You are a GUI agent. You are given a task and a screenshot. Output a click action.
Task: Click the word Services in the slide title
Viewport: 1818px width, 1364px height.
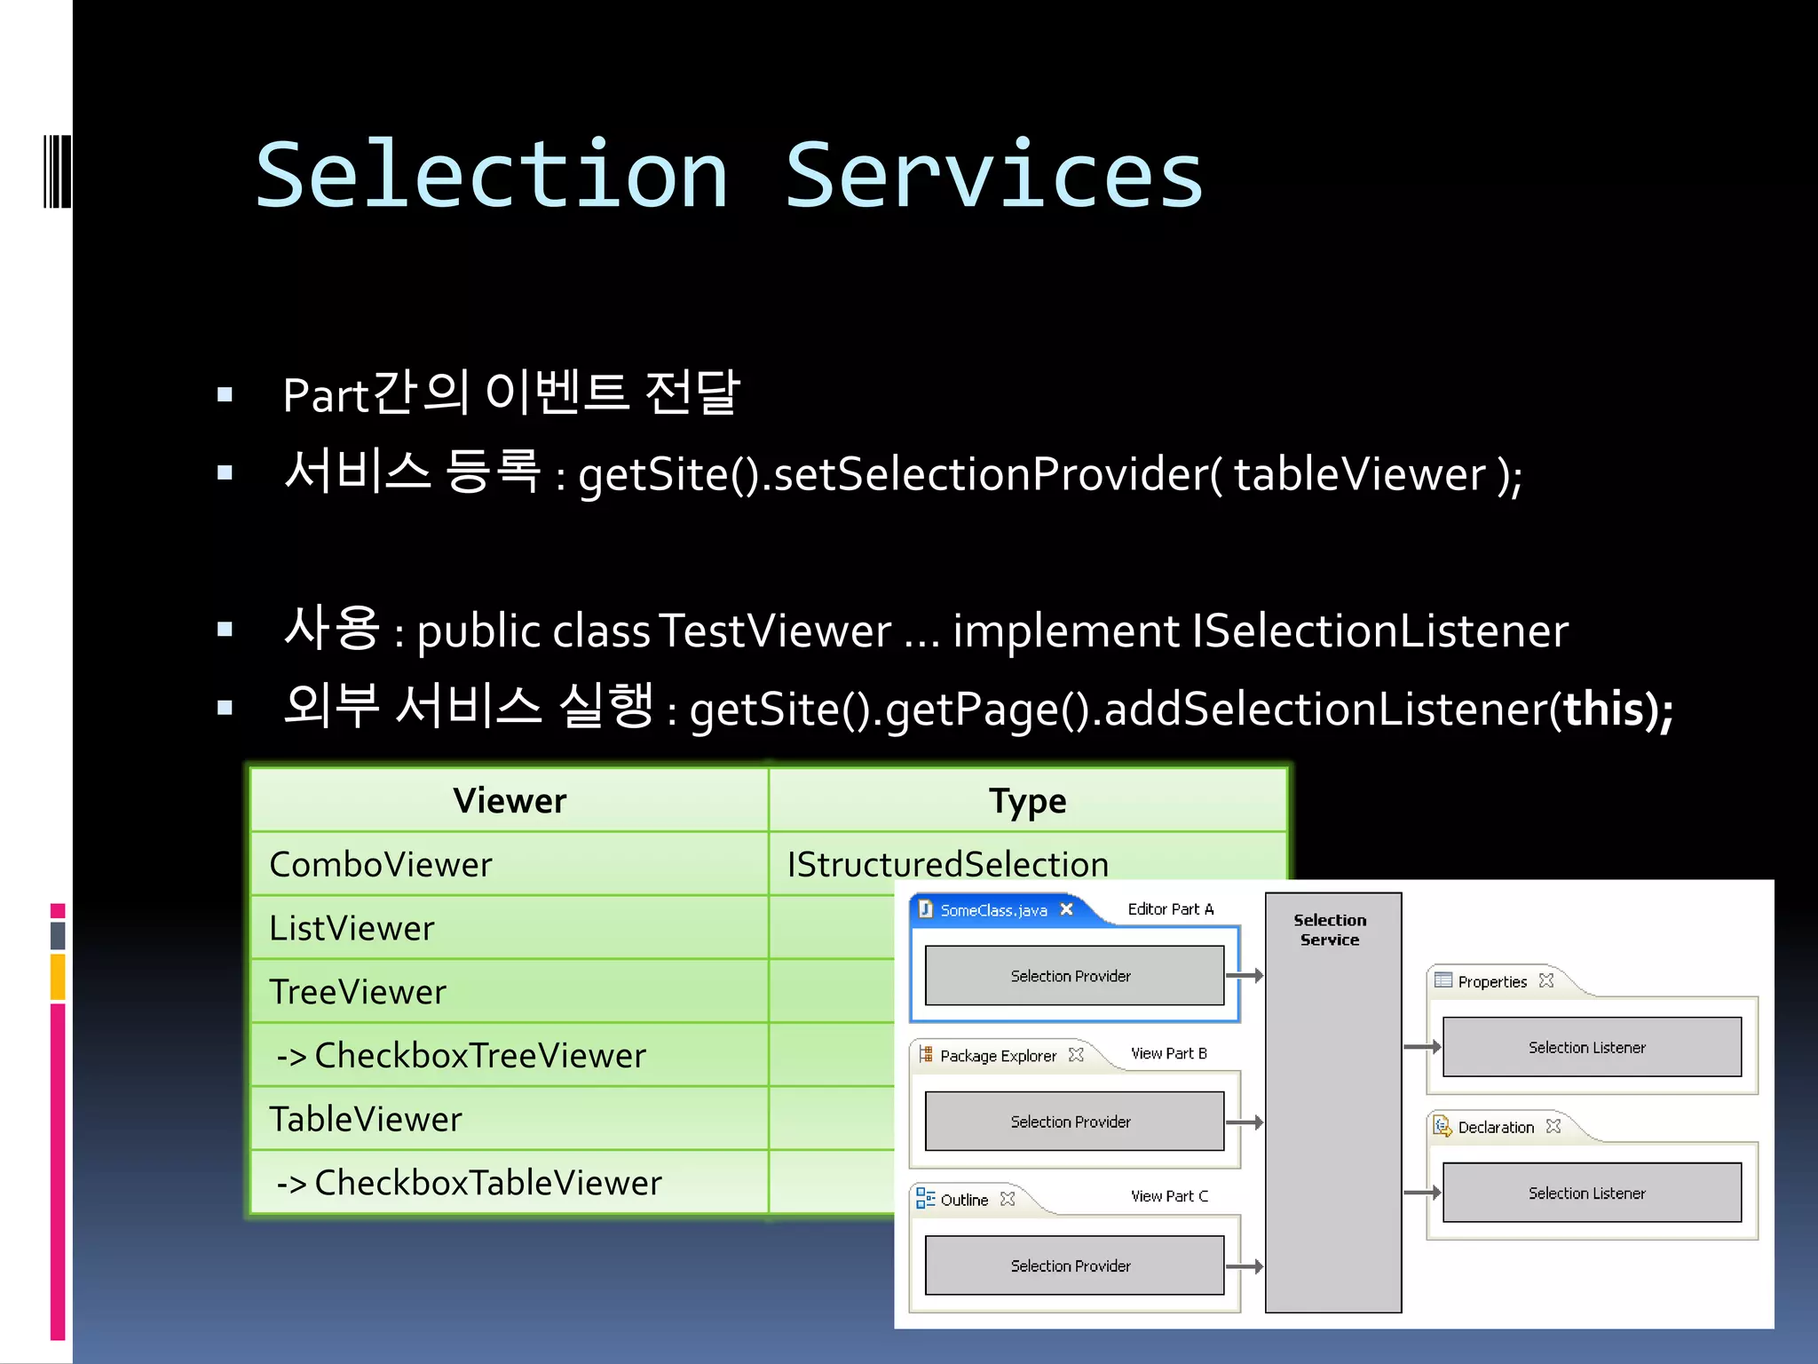(993, 176)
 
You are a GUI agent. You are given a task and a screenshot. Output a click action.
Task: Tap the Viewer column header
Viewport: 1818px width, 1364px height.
(510, 801)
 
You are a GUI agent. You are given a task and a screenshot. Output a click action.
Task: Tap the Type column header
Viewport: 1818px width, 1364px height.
(1027, 801)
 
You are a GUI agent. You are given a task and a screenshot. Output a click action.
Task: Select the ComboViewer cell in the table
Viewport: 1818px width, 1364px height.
(381, 864)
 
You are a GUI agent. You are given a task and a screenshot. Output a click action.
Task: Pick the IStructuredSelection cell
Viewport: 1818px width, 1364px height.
(947, 864)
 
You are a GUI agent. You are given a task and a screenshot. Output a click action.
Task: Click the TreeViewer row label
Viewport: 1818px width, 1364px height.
(358, 992)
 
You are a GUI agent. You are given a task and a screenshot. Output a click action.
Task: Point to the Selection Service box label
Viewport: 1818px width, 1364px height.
(1330, 930)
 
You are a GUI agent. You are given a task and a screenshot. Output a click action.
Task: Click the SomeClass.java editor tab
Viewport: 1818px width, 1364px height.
(993, 910)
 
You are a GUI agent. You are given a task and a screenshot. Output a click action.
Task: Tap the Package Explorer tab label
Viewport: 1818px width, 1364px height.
(998, 1056)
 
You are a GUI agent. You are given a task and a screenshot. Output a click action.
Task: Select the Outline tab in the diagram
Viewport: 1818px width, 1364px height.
(963, 1200)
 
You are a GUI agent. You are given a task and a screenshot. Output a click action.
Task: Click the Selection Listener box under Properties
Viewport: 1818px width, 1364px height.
(1587, 1048)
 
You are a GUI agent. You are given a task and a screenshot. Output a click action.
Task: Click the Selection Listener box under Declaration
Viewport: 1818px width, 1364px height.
(1587, 1193)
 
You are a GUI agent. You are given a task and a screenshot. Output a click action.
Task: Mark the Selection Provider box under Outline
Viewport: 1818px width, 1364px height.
(1071, 1265)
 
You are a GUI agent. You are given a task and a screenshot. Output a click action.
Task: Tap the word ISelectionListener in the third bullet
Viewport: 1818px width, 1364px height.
(1380, 631)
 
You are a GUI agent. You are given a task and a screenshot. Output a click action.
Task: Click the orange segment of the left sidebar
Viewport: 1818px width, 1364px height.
(58, 977)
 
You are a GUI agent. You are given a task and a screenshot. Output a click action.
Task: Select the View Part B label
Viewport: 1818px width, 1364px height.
(1168, 1054)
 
